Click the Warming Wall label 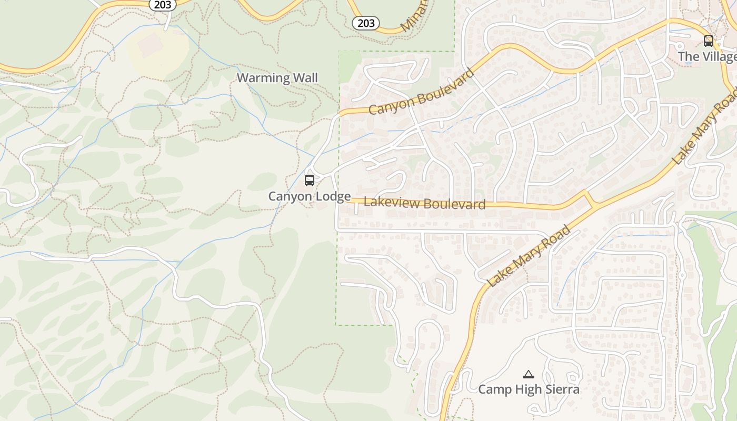tap(277, 78)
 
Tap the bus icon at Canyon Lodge tap(310, 181)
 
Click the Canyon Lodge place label tap(309, 196)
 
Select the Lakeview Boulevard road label tap(424, 203)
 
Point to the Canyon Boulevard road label tap(421, 92)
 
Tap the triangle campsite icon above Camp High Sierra tap(529, 374)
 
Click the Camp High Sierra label tap(529, 389)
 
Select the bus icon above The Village tap(709, 41)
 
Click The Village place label tap(706, 56)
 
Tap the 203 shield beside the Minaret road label tap(366, 23)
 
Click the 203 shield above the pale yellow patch tap(162, 4)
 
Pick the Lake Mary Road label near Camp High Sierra tap(529, 256)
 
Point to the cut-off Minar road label tap(413, 16)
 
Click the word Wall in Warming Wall tap(305, 78)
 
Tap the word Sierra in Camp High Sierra tap(562, 389)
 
